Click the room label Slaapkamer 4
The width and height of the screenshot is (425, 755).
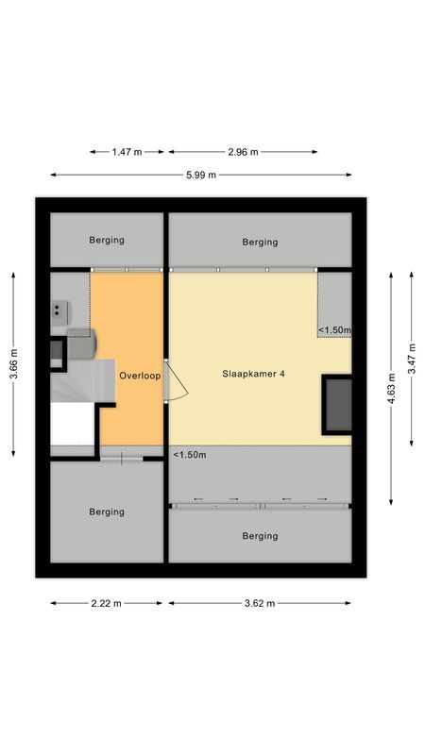[254, 375]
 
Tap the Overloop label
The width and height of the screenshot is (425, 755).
[140, 376]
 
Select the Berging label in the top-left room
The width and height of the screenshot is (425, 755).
[107, 241]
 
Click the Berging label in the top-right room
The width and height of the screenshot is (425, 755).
[260, 243]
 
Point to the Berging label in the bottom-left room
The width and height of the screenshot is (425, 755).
[107, 512]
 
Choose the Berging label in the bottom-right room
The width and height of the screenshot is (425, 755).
[260, 536]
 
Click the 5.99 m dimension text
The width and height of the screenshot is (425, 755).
[200, 175]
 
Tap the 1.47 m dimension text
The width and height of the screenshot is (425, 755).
[127, 151]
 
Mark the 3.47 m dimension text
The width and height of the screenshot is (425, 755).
[413, 358]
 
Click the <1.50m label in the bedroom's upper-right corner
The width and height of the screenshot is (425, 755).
[334, 330]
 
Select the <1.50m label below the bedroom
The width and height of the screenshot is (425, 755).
[190, 455]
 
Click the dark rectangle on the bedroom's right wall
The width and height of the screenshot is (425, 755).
[337, 404]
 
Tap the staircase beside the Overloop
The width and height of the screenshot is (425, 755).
[75, 382]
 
